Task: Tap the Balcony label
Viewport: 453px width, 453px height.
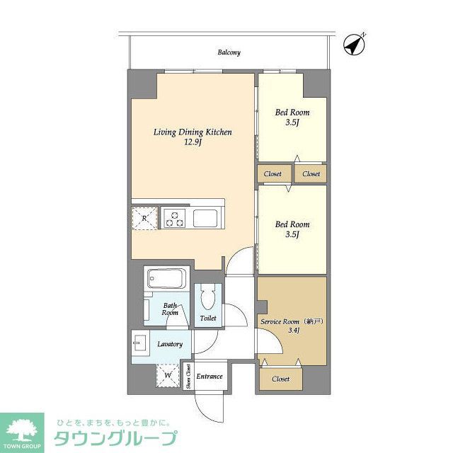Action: point(229,52)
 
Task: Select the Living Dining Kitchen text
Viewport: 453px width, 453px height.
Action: point(193,132)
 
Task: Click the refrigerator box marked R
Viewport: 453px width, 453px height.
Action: point(144,217)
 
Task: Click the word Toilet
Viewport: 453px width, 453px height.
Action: point(208,319)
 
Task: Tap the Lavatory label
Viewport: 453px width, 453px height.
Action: point(170,345)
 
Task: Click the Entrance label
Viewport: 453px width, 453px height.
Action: point(210,377)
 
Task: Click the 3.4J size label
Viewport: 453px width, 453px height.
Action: point(291,331)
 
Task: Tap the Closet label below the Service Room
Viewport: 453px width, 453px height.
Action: point(280,379)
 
